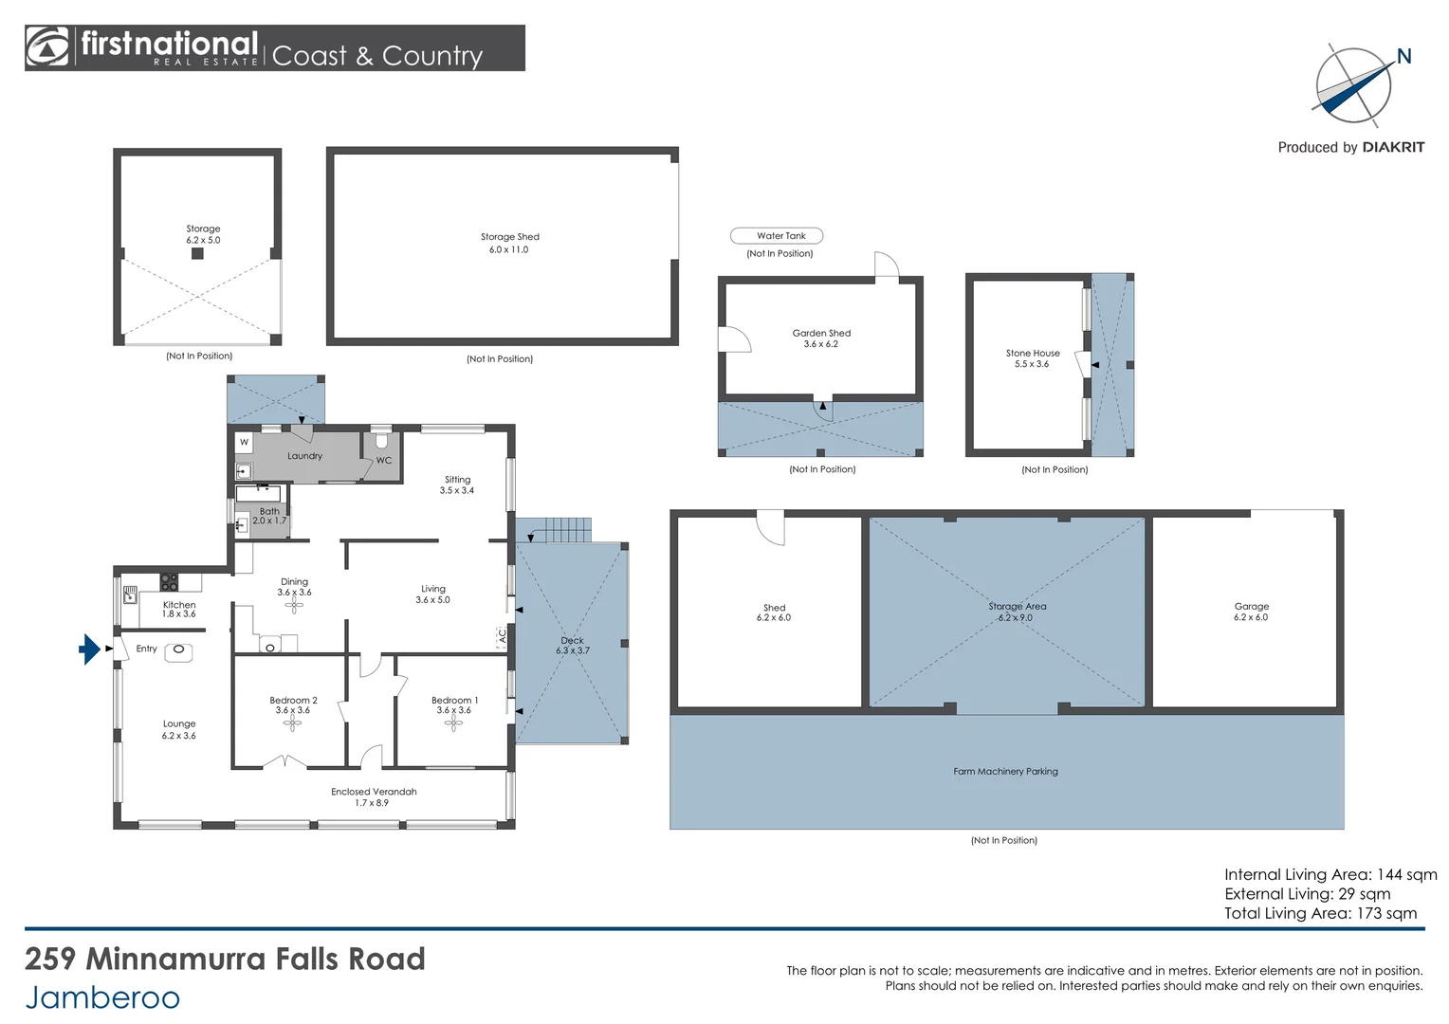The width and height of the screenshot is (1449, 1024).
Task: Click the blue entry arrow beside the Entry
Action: click(89, 649)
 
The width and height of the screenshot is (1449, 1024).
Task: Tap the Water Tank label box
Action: click(777, 236)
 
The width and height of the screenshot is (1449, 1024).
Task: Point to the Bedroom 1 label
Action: click(454, 704)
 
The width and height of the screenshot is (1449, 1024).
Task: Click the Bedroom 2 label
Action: click(293, 704)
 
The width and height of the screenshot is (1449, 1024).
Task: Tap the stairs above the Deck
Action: click(568, 530)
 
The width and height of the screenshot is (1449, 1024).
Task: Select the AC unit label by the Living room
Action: click(502, 636)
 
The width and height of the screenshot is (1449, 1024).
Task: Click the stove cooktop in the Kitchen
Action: click(169, 581)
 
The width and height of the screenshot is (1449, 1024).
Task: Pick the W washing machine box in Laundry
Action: click(244, 442)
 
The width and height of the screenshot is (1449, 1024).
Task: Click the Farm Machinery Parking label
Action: click(1005, 772)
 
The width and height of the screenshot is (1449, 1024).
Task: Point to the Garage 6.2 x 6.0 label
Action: click(1251, 612)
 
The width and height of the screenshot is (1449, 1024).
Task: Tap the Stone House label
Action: click(1032, 358)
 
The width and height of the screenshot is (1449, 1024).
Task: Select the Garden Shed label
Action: click(821, 338)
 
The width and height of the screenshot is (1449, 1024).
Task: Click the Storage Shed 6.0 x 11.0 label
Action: click(509, 243)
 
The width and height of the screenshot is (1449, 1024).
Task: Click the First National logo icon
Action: click(47, 47)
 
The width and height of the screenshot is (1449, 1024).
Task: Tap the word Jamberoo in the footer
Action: click(102, 997)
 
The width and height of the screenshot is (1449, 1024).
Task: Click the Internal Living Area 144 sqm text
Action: click(1330, 874)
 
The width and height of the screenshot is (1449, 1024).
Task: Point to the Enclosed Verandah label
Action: click(374, 796)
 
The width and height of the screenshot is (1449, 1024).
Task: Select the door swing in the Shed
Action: click(771, 529)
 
